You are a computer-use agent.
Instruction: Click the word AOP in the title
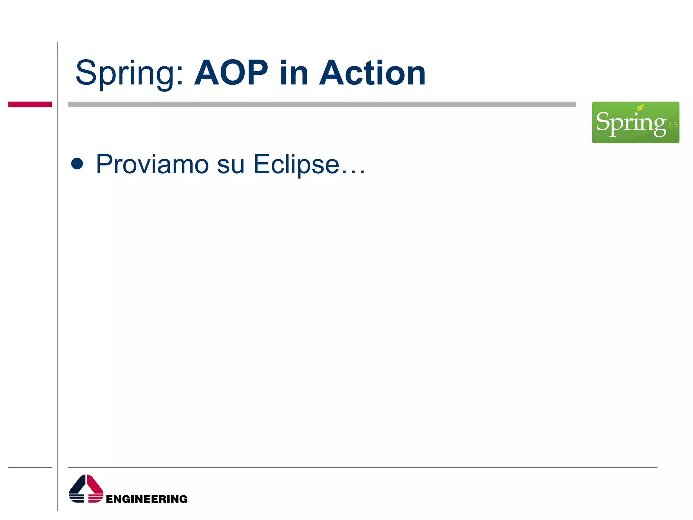[x=231, y=73]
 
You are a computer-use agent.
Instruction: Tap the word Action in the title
[x=372, y=73]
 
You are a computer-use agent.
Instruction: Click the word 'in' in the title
[x=294, y=73]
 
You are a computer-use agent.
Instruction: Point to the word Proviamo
[x=152, y=164]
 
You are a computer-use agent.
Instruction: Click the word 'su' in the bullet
[x=230, y=165]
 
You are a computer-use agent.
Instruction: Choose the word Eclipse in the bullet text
[x=296, y=165]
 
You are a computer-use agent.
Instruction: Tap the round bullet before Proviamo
[x=77, y=164]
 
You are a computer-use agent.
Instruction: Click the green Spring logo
[x=635, y=122]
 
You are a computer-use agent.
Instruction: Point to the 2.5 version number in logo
[x=672, y=125]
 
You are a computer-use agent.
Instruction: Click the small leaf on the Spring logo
[x=640, y=108]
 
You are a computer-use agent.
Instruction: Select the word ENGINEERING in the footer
[x=147, y=499]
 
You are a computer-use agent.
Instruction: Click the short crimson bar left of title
[x=30, y=104]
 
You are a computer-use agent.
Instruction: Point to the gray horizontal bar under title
[x=321, y=104]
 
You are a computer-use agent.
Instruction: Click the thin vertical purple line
[x=57, y=271]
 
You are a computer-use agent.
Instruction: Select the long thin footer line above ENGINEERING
[x=362, y=468]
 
